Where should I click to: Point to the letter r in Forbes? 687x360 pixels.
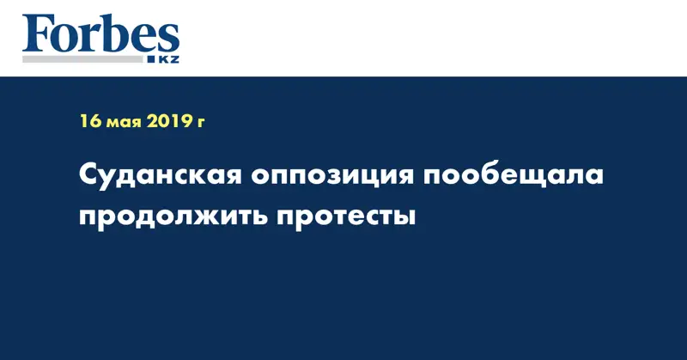pos(89,39)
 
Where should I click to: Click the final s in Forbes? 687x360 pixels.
pos(166,39)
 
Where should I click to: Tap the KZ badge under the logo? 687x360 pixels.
pos(167,60)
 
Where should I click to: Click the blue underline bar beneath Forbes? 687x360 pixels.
pos(86,60)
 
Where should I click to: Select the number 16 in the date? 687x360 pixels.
pos(89,121)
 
